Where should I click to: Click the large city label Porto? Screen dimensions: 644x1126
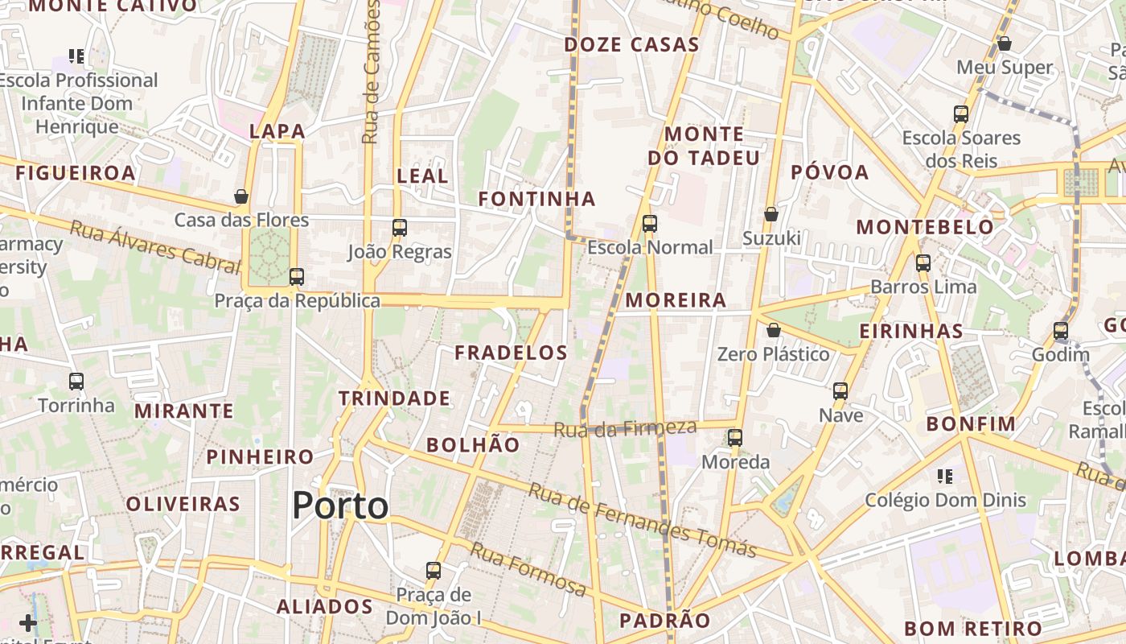click(x=340, y=506)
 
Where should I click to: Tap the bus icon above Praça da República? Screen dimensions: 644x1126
click(x=296, y=277)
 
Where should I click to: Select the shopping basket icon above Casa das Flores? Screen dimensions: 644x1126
click(x=240, y=196)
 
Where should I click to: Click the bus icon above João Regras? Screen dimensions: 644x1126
click(x=399, y=228)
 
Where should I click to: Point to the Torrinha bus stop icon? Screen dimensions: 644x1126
click(x=76, y=382)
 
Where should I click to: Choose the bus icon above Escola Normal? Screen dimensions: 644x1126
click(x=649, y=224)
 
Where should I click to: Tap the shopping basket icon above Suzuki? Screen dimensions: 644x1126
click(x=771, y=214)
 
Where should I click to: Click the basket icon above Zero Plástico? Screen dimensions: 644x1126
click(x=773, y=330)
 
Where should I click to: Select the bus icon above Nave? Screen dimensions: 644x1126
click(x=840, y=391)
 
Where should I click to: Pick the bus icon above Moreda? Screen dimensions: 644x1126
click(x=734, y=438)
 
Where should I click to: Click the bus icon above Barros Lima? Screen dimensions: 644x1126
click(x=923, y=263)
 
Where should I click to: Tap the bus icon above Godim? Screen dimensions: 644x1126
click(x=1060, y=331)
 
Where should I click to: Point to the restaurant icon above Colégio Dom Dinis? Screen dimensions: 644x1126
click(x=945, y=477)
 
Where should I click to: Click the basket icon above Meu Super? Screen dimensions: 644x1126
click(x=1004, y=43)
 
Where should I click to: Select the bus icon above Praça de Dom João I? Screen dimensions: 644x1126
click(x=433, y=571)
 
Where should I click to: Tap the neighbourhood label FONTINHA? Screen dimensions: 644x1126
click(x=537, y=199)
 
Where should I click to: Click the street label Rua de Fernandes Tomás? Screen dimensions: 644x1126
click(x=643, y=521)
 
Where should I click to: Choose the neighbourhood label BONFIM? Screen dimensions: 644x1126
click(x=971, y=423)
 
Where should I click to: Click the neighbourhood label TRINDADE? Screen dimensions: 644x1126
click(x=394, y=398)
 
